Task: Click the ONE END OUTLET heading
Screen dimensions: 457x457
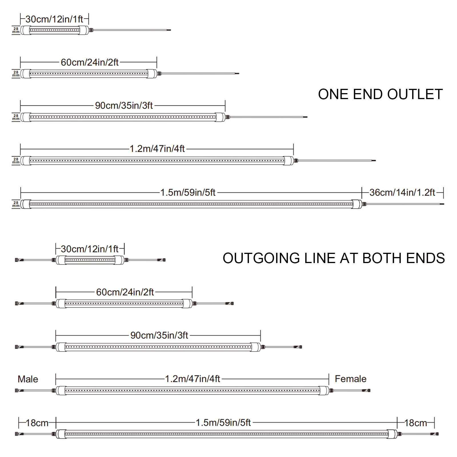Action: [x=380, y=94]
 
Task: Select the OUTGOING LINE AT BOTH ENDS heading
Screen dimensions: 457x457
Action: [x=334, y=258]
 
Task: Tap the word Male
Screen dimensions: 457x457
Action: [x=28, y=379]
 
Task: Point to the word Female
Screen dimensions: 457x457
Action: [x=350, y=379]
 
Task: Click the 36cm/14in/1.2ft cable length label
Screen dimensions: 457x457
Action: [x=402, y=193]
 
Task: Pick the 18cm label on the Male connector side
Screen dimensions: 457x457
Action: [x=37, y=423]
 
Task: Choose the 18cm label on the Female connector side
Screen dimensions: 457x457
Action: [x=416, y=423]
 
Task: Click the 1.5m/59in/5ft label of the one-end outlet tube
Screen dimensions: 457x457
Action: [x=188, y=193]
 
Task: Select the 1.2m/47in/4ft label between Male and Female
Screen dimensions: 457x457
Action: [x=193, y=379]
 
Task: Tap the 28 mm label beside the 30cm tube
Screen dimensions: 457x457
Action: [x=16, y=30]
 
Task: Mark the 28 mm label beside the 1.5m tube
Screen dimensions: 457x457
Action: [x=16, y=204]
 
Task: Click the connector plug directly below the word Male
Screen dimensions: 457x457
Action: [x=19, y=390]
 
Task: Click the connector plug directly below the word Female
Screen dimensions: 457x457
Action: [x=366, y=390]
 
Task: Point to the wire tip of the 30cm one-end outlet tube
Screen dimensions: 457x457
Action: [x=169, y=30]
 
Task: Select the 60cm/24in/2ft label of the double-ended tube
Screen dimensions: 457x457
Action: [x=125, y=292]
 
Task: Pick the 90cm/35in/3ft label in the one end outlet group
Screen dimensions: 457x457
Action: [x=124, y=105]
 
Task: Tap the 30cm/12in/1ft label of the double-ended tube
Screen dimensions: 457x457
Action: [x=90, y=249]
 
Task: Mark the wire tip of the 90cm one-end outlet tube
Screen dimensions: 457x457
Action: [x=306, y=117]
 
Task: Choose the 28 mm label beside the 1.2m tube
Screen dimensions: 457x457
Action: [x=16, y=161]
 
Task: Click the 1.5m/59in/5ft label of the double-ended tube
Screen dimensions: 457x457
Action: [x=223, y=422]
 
